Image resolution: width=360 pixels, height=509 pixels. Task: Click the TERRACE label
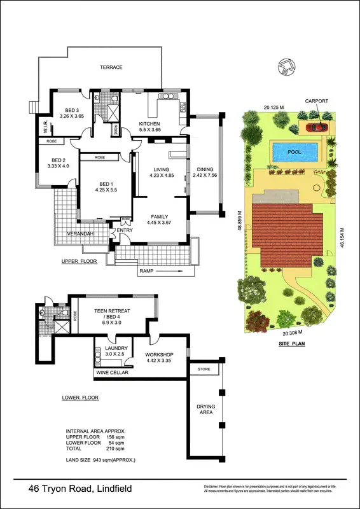111,67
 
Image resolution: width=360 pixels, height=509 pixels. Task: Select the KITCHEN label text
149,123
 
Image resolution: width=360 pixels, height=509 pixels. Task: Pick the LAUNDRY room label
117,348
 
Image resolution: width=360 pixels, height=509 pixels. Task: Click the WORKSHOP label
160,354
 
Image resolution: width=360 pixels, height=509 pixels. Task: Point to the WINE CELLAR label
113,373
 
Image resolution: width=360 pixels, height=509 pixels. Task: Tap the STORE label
204,369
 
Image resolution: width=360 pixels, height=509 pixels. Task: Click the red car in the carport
316,126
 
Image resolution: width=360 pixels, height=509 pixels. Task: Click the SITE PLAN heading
292,344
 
